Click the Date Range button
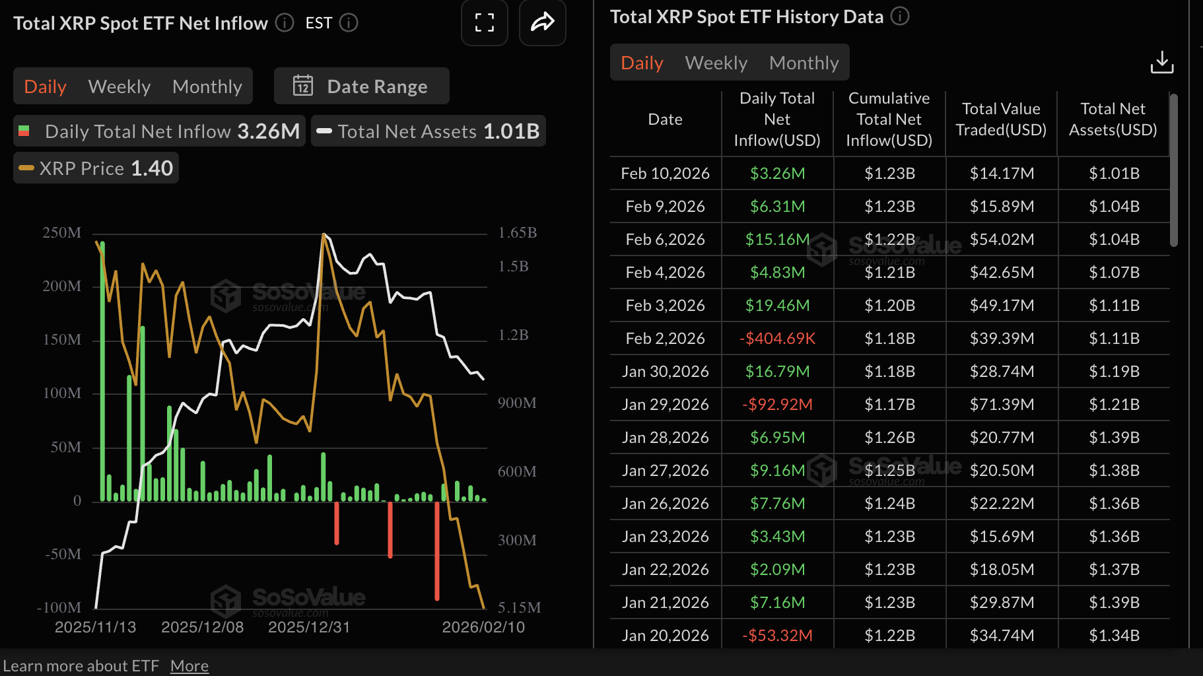coord(361,86)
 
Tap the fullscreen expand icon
coord(484,23)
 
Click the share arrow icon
coord(542,23)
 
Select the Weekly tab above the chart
coord(120,86)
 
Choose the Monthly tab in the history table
coord(804,63)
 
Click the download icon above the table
coord(1161,63)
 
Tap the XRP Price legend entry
coord(96,168)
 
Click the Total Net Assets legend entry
coord(428,131)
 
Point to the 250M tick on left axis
coord(62,232)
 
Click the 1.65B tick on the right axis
coord(518,232)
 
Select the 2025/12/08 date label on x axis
coord(202,626)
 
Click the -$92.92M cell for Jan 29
coord(777,404)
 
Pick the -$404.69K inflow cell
coord(777,338)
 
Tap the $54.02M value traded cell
coord(1002,239)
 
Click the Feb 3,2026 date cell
coord(665,305)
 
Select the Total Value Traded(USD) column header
coord(1001,119)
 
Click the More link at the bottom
coord(189,665)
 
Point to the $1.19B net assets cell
coord(1114,371)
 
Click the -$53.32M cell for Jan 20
coord(777,635)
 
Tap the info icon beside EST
coord(349,23)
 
